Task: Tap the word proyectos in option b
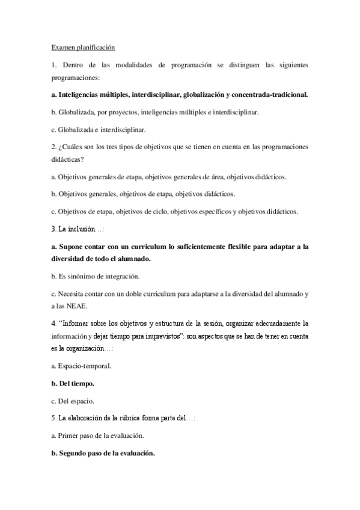(x=120, y=112)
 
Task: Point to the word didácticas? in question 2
(x=67, y=159)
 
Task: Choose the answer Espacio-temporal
(x=85, y=365)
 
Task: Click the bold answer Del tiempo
(x=76, y=382)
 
